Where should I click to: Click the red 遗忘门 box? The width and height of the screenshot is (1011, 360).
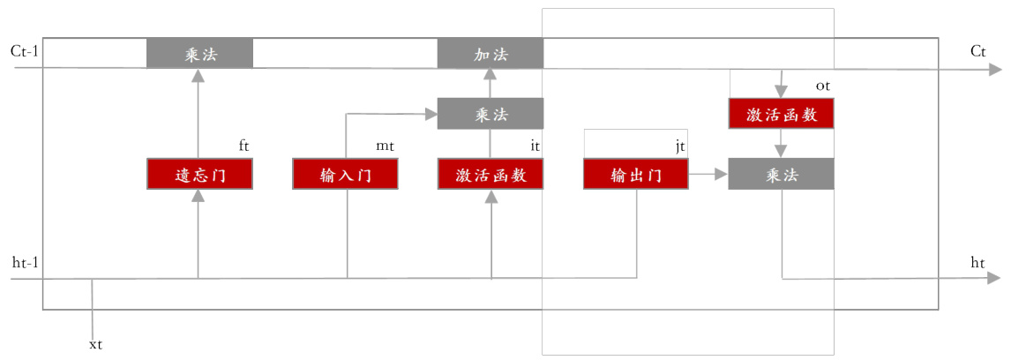pos(199,175)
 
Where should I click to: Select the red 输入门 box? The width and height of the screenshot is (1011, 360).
pos(345,175)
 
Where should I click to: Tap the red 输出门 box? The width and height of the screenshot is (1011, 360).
pos(636,175)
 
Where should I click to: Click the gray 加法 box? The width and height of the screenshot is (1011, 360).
pos(491,54)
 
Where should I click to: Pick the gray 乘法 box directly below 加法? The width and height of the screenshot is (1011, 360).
pos(491,114)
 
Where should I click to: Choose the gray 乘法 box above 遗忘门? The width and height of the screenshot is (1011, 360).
pos(199,54)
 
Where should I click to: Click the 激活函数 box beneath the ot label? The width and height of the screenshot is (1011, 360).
pos(781,114)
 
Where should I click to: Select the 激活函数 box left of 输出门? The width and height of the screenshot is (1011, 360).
pos(491,175)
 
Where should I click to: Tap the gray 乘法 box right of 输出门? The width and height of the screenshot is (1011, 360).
pos(781,175)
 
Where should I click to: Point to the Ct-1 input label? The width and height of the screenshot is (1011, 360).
pos(26,50)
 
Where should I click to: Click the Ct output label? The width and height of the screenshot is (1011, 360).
pos(977,51)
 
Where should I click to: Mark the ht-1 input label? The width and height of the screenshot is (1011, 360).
pos(26,263)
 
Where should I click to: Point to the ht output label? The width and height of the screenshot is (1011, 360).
pos(977,263)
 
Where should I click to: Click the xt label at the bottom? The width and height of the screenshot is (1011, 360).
pos(96,343)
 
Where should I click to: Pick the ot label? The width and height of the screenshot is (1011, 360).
pos(823,86)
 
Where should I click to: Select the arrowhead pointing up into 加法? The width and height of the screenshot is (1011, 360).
pos(491,76)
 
